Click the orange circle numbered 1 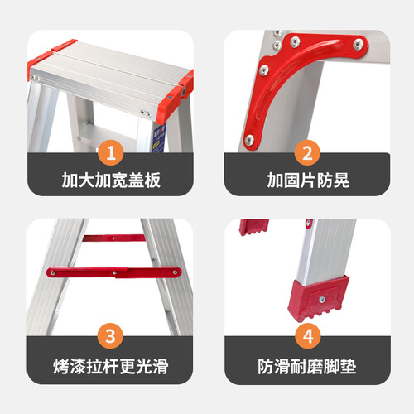[111, 152]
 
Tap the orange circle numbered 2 [307, 152]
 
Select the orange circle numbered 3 [110, 336]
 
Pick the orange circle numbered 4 [308, 336]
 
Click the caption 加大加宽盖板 [111, 181]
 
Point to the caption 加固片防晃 [308, 181]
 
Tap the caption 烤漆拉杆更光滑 [111, 367]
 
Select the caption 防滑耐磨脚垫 [307, 367]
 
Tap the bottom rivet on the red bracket [249, 140]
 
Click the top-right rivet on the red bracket [359, 44]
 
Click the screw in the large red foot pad [322, 300]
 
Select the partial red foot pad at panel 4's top [254, 227]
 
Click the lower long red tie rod [114, 272]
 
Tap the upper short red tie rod [114, 238]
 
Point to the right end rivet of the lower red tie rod [175, 272]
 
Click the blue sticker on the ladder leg [159, 139]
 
